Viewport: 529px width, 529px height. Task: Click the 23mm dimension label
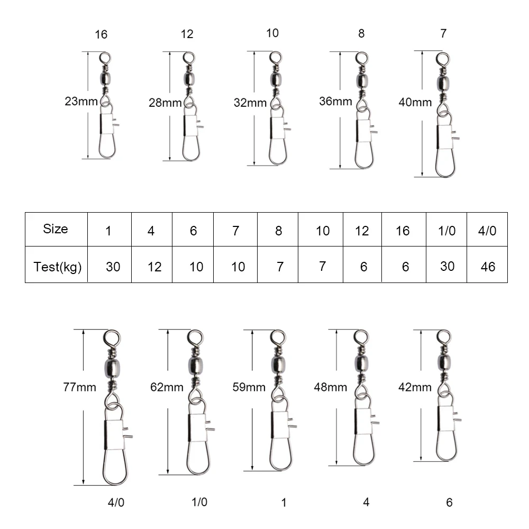(x=81, y=101)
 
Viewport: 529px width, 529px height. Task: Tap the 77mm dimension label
(x=80, y=387)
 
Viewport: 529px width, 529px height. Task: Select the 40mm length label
(x=415, y=102)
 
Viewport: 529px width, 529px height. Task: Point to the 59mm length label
(x=249, y=387)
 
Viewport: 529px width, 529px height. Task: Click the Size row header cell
(x=56, y=229)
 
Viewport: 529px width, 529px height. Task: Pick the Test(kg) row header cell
(x=56, y=264)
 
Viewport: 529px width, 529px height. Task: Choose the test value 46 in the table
(x=488, y=267)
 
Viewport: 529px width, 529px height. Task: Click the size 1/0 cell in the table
(x=446, y=231)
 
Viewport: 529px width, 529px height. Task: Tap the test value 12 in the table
(x=154, y=267)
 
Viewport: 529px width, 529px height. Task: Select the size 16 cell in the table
(x=403, y=231)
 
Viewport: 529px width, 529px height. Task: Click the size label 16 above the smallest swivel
(x=101, y=34)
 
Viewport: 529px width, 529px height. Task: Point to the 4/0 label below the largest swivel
(x=116, y=503)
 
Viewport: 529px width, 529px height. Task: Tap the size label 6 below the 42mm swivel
(x=449, y=503)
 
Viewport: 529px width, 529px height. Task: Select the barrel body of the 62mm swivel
(x=195, y=366)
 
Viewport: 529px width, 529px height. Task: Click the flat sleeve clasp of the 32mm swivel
(x=278, y=128)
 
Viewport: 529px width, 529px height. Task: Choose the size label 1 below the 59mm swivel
(x=284, y=503)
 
